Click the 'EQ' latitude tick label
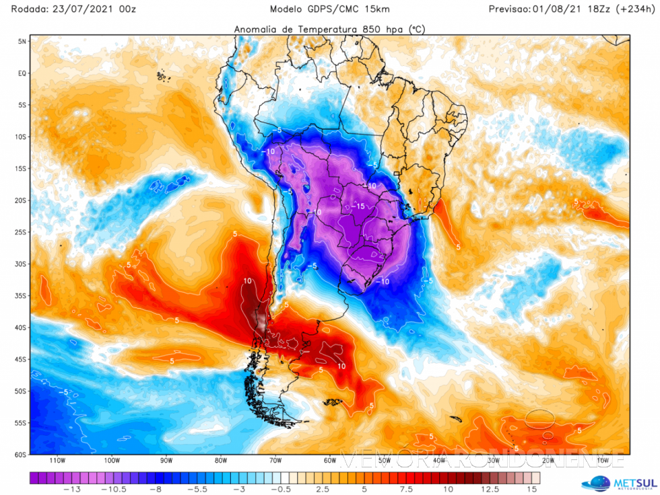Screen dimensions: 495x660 (22, 73)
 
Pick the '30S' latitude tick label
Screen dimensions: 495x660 (20, 264)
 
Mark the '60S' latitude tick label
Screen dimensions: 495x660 (20, 455)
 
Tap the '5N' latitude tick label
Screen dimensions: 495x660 (22, 41)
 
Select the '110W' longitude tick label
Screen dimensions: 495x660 (57, 461)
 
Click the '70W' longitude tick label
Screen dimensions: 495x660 (275, 461)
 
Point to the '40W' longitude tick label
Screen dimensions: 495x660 (440, 461)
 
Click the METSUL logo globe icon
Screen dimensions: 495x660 (596, 483)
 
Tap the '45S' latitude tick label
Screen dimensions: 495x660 (20, 359)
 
